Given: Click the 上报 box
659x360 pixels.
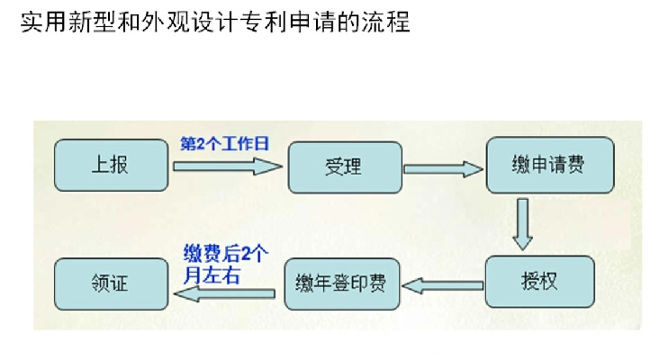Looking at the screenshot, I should [x=111, y=166].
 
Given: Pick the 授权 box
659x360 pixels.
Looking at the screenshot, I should [x=539, y=282].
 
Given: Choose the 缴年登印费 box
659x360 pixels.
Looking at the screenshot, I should [x=341, y=284].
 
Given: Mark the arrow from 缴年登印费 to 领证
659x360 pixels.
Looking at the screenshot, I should [x=223, y=290].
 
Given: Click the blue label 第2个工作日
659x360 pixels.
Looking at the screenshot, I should [x=225, y=144].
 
